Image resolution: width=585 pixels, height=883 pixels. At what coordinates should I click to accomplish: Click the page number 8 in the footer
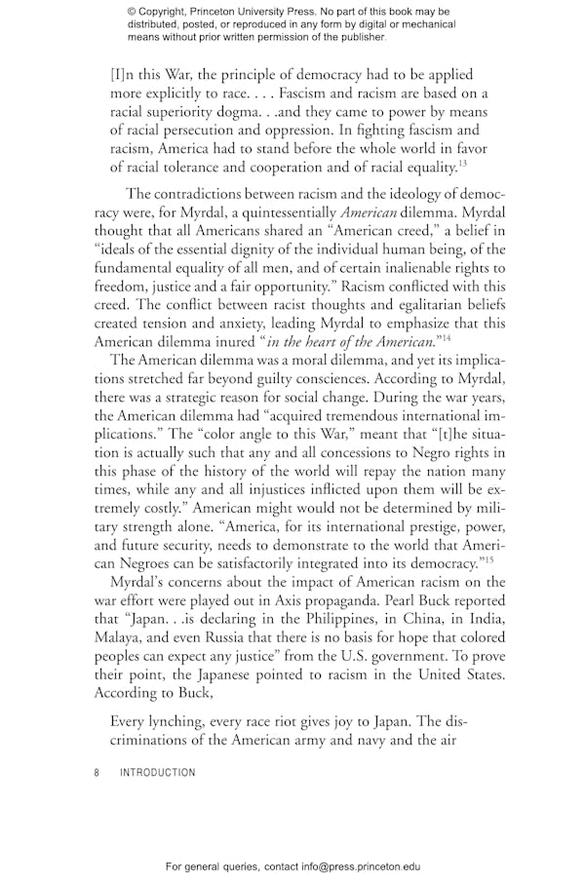point(97,773)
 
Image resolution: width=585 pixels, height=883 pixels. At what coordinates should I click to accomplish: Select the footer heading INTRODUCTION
point(157,773)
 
